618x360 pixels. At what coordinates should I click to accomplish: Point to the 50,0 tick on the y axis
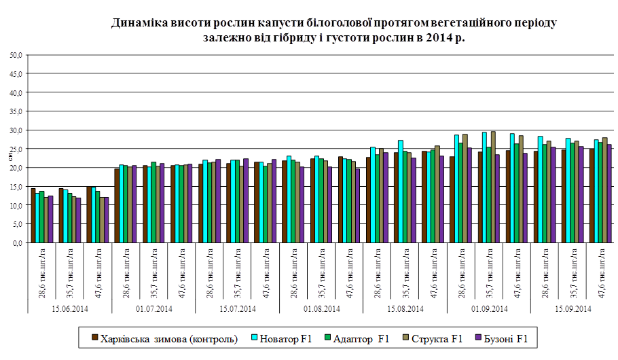16,54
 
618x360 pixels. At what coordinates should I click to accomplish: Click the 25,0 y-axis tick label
16,148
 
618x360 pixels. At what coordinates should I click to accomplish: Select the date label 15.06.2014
70,309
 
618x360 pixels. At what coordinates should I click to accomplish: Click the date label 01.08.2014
321,309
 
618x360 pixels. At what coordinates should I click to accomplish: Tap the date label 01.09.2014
488,309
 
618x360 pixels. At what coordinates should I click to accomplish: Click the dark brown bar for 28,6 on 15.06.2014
33,215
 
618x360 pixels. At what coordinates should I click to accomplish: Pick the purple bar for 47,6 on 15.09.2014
609,194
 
